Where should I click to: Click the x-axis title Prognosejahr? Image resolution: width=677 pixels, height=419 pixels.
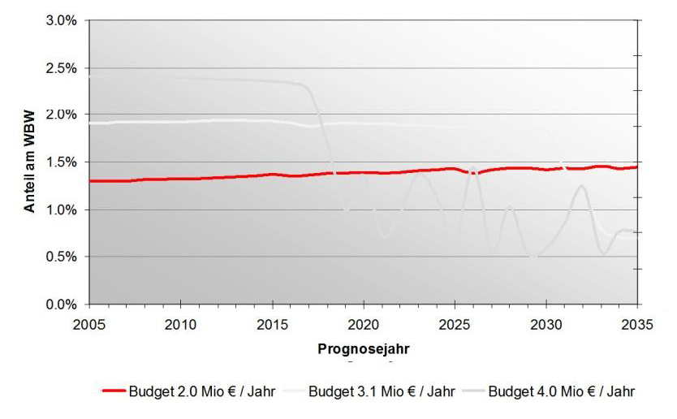pyautogui.click(x=362, y=350)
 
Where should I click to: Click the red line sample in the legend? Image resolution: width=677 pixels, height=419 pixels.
pyautogui.click(x=113, y=391)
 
